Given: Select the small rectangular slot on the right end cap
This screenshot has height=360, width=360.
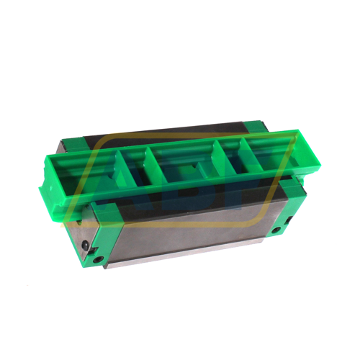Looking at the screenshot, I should coord(290,219).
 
